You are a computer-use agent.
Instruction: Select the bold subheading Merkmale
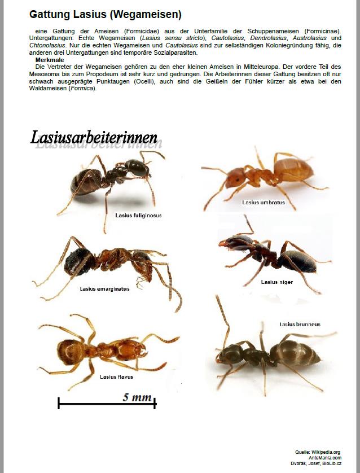coord(50,59)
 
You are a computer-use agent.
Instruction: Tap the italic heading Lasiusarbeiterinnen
coord(94,137)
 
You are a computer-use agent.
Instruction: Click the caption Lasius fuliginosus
coord(138,215)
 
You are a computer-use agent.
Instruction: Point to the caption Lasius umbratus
coord(263,202)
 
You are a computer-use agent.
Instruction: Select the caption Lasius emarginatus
coord(104,288)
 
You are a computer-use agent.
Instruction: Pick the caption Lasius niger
coord(276,282)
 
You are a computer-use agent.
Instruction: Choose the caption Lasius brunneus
coord(300,324)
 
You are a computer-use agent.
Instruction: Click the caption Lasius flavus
coord(116,376)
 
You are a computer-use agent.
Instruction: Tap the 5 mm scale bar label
coord(137,397)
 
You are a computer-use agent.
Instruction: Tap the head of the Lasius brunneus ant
coord(231,354)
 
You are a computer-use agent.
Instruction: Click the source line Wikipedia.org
coord(326,452)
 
